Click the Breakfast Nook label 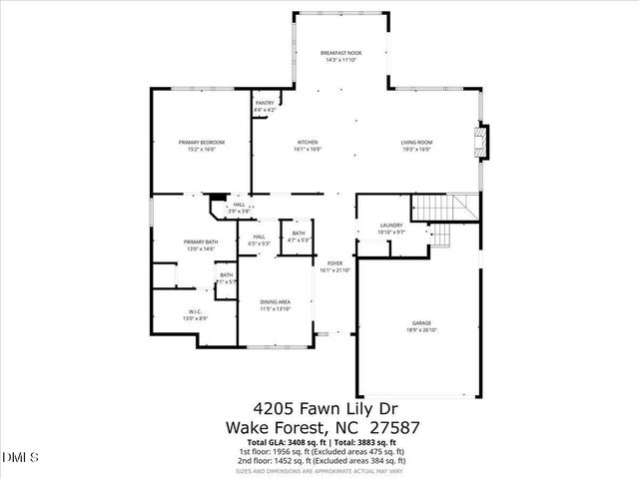[x=340, y=52]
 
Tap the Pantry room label [x=265, y=102]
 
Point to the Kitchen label [x=307, y=143]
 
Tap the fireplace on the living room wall [x=484, y=140]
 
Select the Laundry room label [x=391, y=226]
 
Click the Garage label [x=422, y=323]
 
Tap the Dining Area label [x=276, y=302]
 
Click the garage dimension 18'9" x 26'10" [x=422, y=330]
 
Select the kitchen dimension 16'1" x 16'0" [x=307, y=150]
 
